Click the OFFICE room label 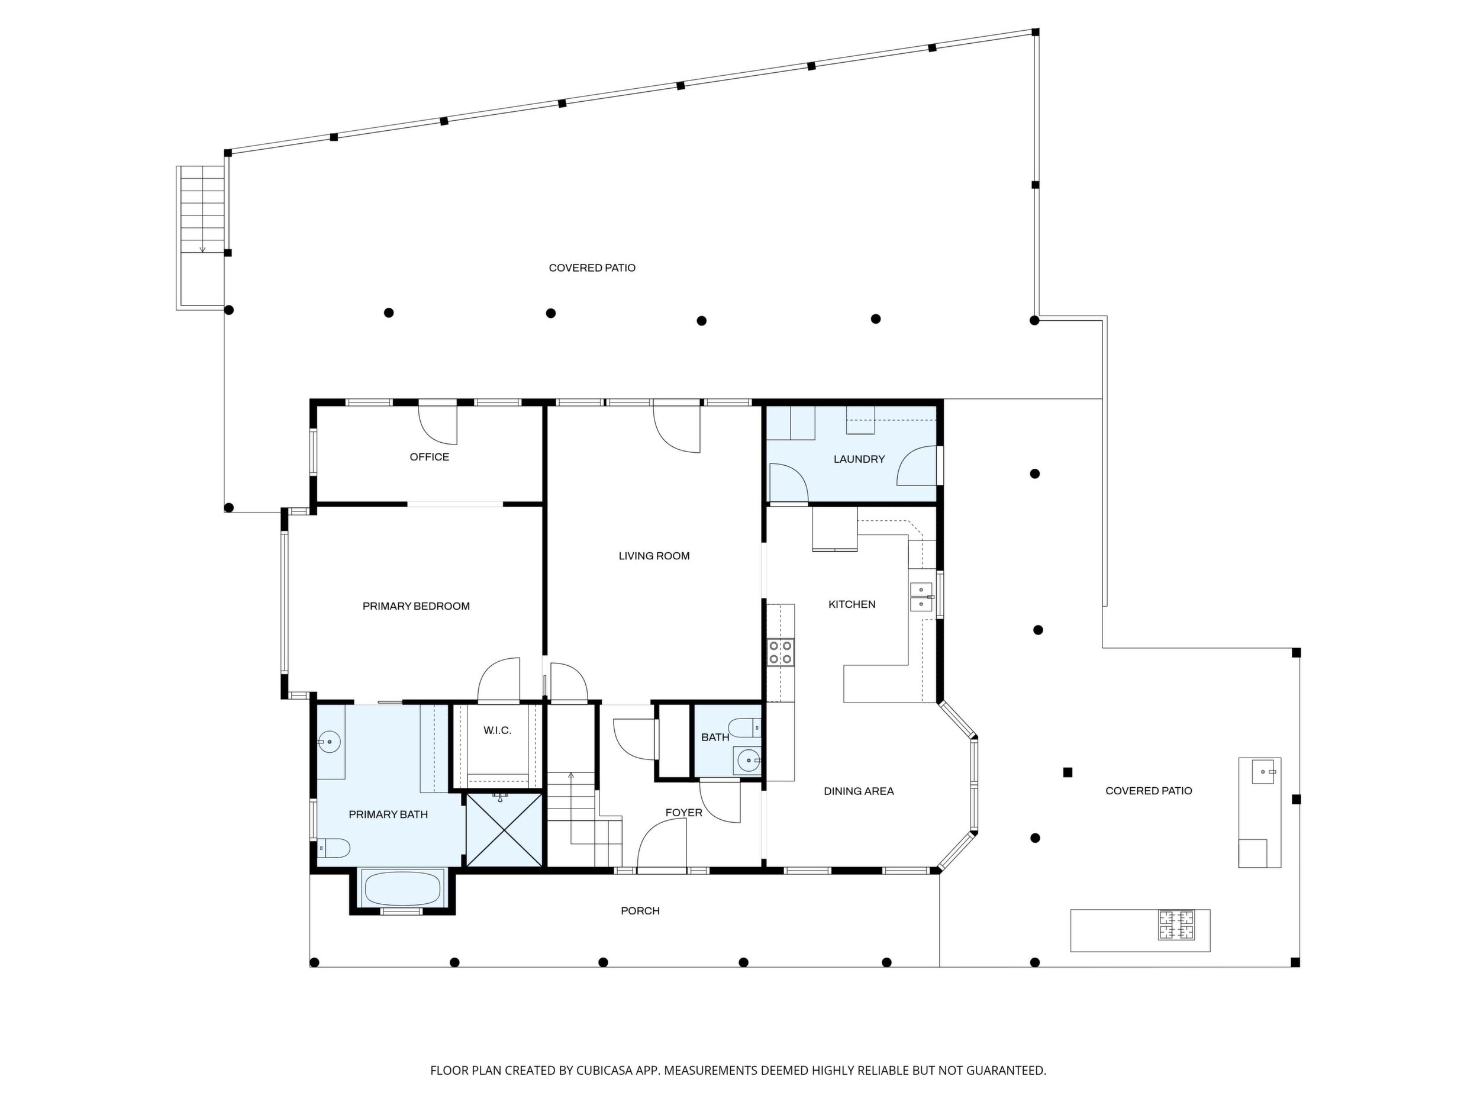click(430, 457)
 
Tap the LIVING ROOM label click(654, 556)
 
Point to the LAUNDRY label click(859, 459)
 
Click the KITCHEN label click(852, 604)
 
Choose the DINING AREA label click(859, 791)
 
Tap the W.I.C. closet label click(498, 730)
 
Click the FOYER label click(683, 813)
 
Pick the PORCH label click(640, 911)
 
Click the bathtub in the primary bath click(402, 889)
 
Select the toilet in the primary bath click(333, 848)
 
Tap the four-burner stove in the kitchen click(781, 652)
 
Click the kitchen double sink click(921, 597)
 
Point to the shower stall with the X click(504, 829)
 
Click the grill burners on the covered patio click(1176, 925)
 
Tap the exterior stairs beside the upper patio click(201, 237)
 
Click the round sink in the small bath click(748, 760)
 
